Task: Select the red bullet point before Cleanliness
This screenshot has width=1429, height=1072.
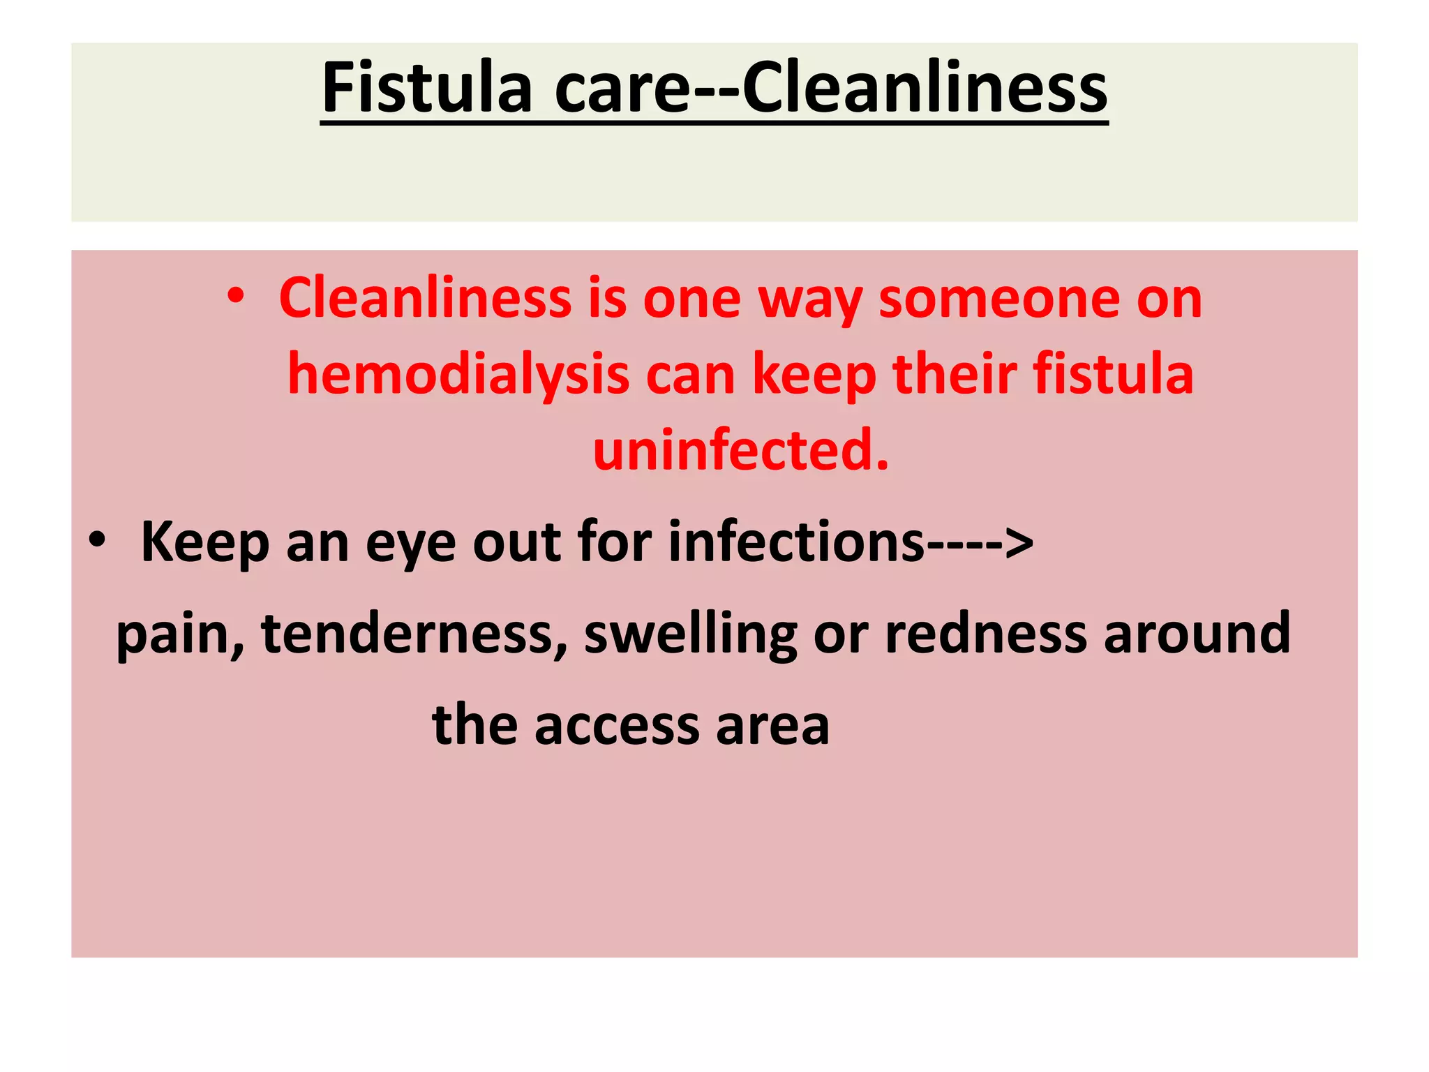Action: pos(236,297)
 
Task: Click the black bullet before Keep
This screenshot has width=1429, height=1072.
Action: pos(97,541)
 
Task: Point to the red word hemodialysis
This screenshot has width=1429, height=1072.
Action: pos(458,374)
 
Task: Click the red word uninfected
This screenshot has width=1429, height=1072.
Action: pos(741,450)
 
